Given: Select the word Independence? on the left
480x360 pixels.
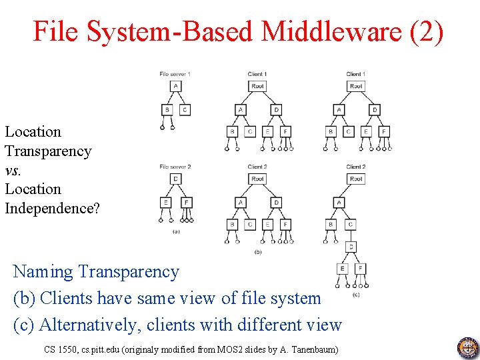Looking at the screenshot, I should click(x=52, y=208).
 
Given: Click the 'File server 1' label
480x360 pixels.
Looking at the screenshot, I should click(x=175, y=73).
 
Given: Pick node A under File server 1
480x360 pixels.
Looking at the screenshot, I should click(x=175, y=86).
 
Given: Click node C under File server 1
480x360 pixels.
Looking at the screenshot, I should click(x=185, y=110).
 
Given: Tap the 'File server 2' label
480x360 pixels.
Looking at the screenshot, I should click(x=175, y=166).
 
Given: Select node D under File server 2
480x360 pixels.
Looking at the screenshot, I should click(x=175, y=179).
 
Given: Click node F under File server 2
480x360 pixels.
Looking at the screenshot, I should click(x=186, y=202).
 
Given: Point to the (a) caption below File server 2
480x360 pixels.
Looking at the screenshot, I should click(x=176, y=231).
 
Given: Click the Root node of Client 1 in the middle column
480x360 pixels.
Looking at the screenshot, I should click(x=258, y=86).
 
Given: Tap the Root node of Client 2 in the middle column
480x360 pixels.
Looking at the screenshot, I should click(x=258, y=179).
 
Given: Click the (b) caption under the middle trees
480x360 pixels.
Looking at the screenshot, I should click(x=258, y=251).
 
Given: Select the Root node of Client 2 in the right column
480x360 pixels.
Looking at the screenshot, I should click(x=356, y=179).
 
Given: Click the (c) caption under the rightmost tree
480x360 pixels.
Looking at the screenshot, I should click(x=355, y=294).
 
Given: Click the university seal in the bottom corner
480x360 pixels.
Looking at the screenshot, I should click(x=468, y=348).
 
